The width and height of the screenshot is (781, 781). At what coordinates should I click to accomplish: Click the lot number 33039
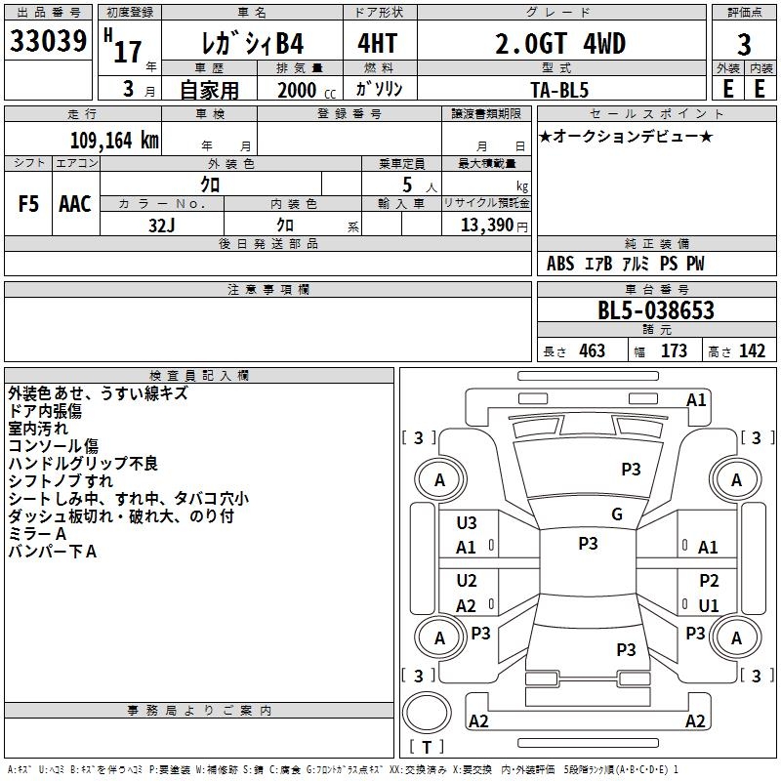point(48,41)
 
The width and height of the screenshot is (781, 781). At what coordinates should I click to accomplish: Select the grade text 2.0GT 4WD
point(560,43)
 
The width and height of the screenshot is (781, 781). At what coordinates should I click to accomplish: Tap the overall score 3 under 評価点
point(744,45)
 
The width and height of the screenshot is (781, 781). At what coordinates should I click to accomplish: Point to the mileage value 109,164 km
point(114,140)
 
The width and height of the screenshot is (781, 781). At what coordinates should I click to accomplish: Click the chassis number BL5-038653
point(656,310)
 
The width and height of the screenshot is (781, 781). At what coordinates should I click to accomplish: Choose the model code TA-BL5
point(559,90)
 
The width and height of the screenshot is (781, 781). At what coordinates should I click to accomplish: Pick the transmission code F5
point(28,204)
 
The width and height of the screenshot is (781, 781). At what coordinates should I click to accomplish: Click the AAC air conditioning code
point(75,204)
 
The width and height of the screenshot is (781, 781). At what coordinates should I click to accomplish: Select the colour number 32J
point(162,226)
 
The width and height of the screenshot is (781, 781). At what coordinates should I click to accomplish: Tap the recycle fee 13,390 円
point(494,226)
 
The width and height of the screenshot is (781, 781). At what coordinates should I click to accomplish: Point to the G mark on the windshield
point(617,514)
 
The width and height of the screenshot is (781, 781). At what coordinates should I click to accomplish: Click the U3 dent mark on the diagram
point(467,523)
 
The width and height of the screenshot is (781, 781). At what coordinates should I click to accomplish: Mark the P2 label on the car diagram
point(709,580)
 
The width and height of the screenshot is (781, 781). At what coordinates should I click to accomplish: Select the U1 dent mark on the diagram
point(709,605)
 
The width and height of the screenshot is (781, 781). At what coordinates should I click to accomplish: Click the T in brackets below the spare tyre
point(427,747)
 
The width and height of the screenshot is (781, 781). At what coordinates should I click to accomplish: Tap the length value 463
point(593,350)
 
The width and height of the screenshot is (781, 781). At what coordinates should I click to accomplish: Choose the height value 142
point(752,350)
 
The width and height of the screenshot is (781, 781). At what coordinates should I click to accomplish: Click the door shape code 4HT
point(378,43)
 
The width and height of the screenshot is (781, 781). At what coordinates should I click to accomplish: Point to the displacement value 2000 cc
point(307,90)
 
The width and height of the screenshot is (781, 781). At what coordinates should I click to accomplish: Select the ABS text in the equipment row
point(560,263)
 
